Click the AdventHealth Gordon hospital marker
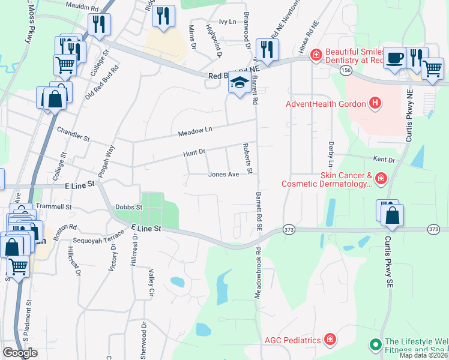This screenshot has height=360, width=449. [375, 104]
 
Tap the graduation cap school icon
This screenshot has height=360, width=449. [239, 83]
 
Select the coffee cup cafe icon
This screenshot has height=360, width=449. [394, 58]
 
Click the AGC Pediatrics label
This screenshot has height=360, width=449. [292, 340]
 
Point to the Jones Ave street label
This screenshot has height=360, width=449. [223, 175]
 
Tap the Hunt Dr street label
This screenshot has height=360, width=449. [194, 154]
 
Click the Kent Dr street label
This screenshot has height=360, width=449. [384, 160]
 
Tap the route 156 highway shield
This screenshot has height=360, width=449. [346, 70]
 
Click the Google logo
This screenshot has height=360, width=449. [20, 352]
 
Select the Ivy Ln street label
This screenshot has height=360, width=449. [228, 22]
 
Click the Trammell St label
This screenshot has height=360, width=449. [53, 206]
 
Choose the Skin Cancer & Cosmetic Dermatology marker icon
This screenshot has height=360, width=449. [381, 179]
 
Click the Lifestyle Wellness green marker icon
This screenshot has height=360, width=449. [375, 344]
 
